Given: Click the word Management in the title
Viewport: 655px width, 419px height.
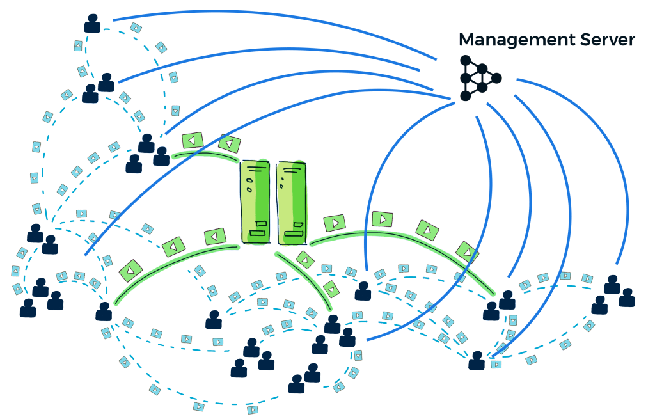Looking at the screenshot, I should (502, 40).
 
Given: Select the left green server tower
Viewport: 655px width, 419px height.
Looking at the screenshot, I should (256, 202).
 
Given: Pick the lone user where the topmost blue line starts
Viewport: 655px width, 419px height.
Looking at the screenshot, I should (93, 24).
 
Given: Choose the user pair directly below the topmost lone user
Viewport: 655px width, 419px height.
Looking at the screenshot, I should (99, 88).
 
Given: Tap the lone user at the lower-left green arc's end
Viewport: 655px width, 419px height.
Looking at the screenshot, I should (104, 312).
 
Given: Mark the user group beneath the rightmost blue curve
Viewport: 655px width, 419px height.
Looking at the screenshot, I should (612, 295).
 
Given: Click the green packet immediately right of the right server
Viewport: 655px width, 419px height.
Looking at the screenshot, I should (335, 223).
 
